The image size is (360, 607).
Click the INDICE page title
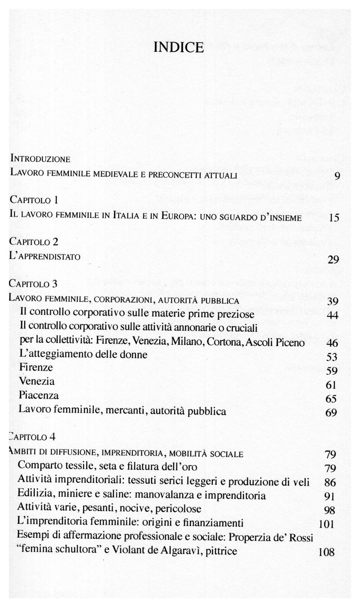[179, 47]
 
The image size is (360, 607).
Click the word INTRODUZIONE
[40, 159]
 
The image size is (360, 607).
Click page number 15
[333, 218]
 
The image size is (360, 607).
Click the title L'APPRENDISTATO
[45, 257]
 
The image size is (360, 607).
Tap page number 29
[333, 260]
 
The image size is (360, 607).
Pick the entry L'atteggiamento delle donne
[84, 355]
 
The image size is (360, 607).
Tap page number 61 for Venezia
[331, 385]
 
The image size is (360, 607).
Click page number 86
[330, 483]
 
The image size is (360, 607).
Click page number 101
[327, 524]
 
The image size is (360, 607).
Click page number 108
[326, 552]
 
